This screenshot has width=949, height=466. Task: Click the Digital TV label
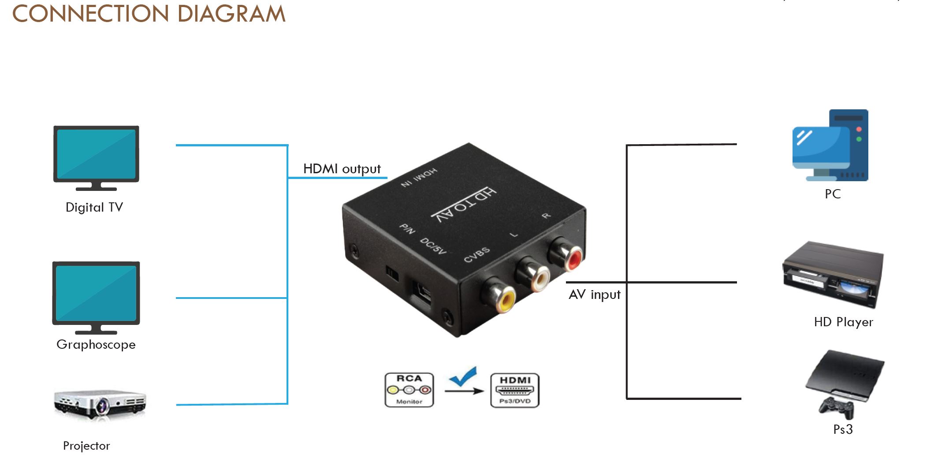[94, 207]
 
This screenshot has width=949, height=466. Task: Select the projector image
[100, 403]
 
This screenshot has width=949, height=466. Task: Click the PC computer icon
[830, 146]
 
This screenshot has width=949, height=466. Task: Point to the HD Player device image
[833, 274]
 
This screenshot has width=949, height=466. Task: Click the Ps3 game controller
[836, 407]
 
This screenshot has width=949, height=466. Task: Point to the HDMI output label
[342, 169]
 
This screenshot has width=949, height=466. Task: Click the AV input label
[594, 295]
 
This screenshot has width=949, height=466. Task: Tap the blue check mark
[463, 376]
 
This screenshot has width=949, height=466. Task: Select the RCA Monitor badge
[409, 390]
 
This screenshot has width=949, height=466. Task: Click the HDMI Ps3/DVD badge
[515, 390]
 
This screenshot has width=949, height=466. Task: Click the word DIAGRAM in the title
[231, 14]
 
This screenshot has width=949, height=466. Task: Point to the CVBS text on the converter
[476, 255]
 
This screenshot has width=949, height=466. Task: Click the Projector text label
[86, 446]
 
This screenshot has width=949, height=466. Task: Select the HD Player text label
[843, 322]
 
